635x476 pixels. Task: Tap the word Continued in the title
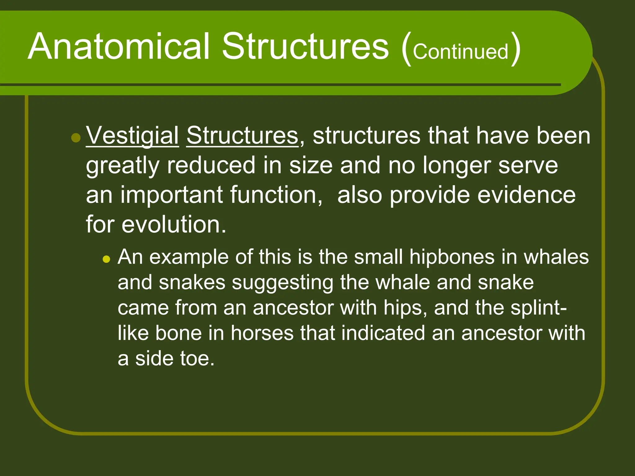click(460, 51)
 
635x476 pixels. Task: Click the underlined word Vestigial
click(132, 136)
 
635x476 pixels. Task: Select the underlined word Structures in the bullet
click(242, 136)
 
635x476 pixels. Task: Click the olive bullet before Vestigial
click(76, 137)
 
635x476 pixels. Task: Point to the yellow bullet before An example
click(106, 259)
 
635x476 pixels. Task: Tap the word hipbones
click(452, 257)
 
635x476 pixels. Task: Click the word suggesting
click(282, 283)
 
